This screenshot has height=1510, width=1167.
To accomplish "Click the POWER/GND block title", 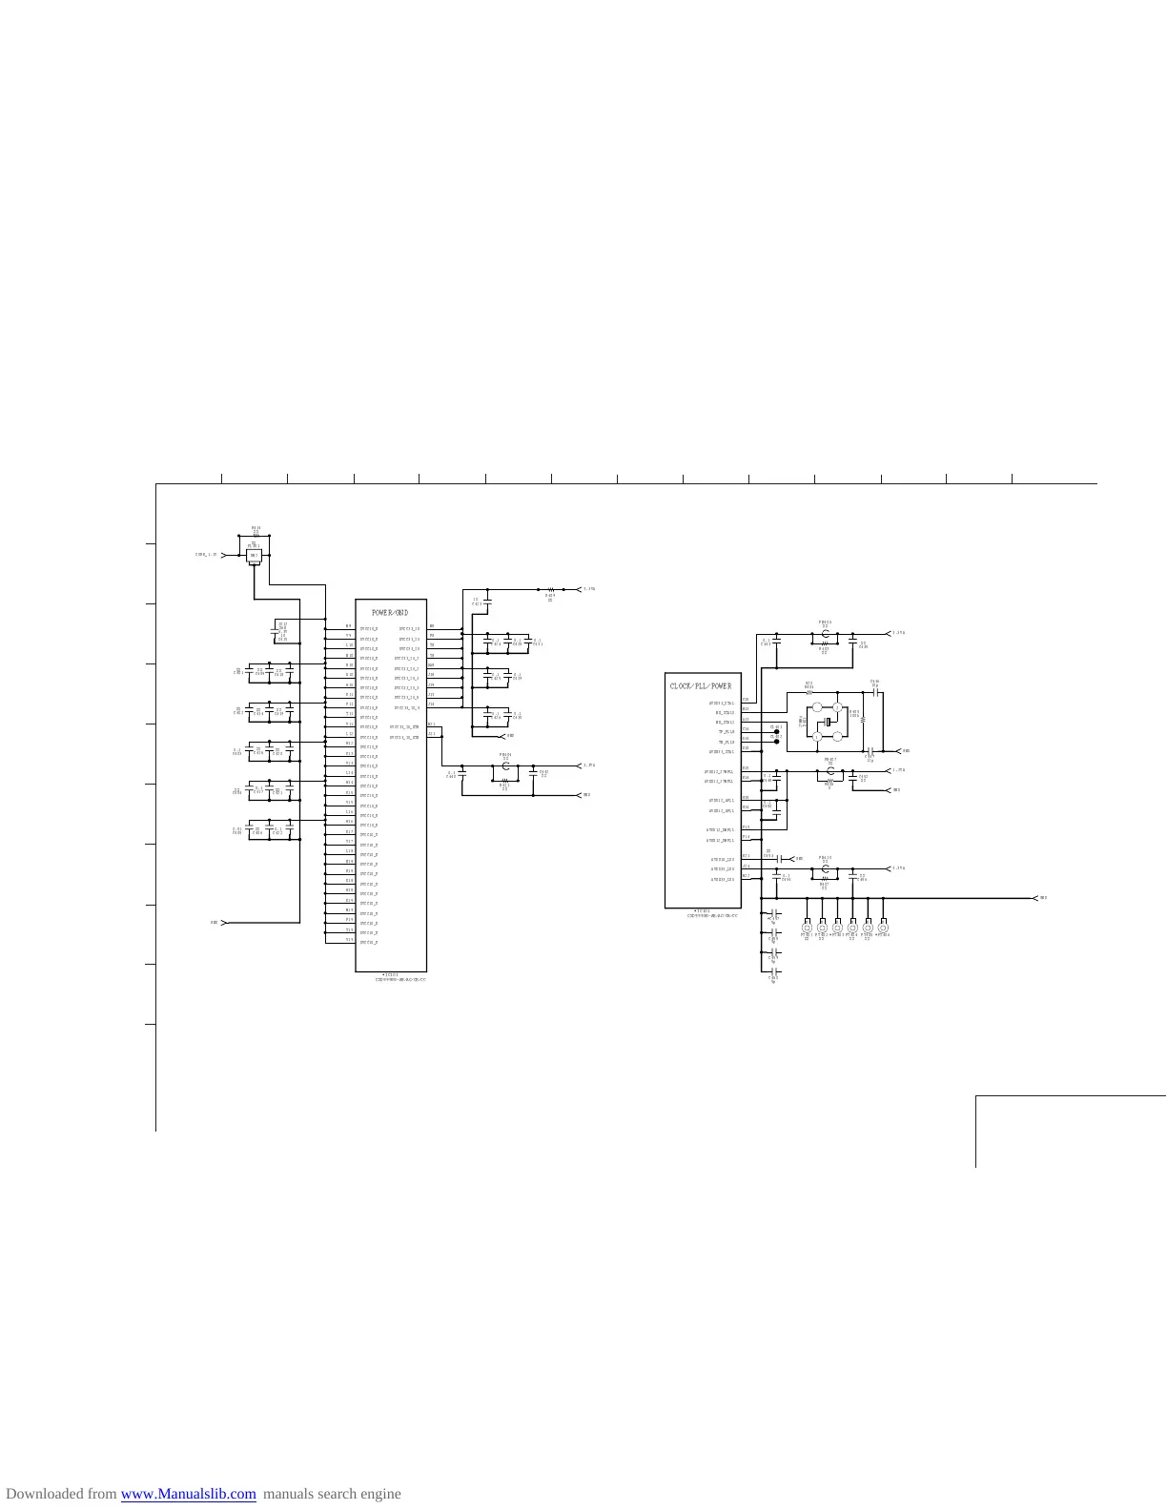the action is coord(390,613).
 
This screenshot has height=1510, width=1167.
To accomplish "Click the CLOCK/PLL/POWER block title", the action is coord(701,686).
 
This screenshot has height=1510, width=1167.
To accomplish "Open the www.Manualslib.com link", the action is coord(189,1494).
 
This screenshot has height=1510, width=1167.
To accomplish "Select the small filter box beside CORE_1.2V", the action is coord(255,555).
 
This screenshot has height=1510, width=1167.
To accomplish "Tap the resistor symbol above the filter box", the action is coord(256,535).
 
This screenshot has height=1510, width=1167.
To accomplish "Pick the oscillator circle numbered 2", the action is coord(838,708).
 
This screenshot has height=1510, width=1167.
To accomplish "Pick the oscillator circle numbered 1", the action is coord(816,708).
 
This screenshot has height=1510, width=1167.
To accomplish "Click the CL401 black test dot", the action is coord(777,731).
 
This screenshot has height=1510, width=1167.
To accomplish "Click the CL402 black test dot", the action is coord(777,741).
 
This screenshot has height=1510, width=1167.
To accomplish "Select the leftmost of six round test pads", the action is coord(808,928).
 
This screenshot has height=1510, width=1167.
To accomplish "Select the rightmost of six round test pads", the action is coord(883,928).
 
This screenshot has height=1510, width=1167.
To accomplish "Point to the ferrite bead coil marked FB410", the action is coord(826,868).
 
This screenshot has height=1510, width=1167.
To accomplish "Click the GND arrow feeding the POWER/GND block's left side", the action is coord(223,923).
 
